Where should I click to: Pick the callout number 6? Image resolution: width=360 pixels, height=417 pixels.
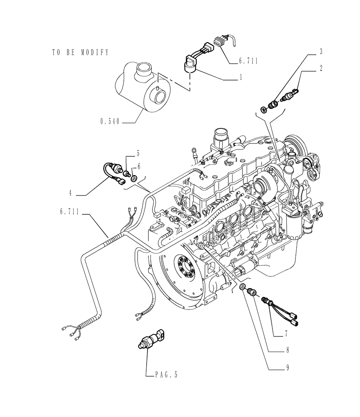pos(139,166)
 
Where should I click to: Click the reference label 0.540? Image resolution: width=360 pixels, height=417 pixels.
pos(110,122)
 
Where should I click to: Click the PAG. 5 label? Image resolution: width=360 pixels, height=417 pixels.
pos(164,375)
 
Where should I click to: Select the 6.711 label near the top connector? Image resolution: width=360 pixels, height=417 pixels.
pos(248,61)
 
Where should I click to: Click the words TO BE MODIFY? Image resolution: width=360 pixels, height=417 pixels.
pos(80,53)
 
